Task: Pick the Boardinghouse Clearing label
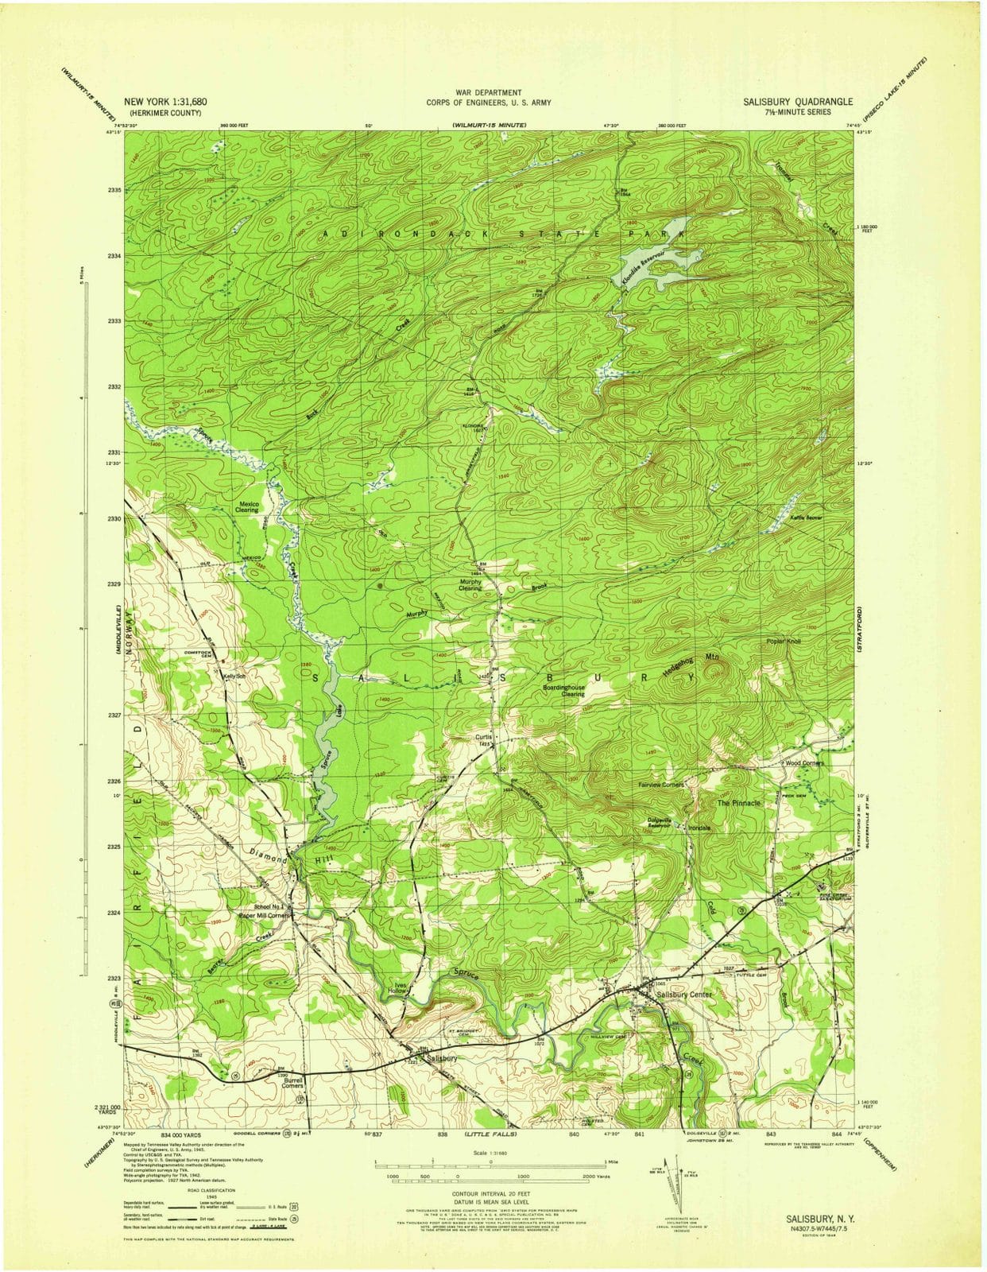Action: pos(563,690)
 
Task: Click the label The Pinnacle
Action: pos(739,803)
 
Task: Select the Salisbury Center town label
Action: pos(685,995)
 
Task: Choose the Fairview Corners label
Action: pos(661,785)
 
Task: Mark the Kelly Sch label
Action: pos(234,676)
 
